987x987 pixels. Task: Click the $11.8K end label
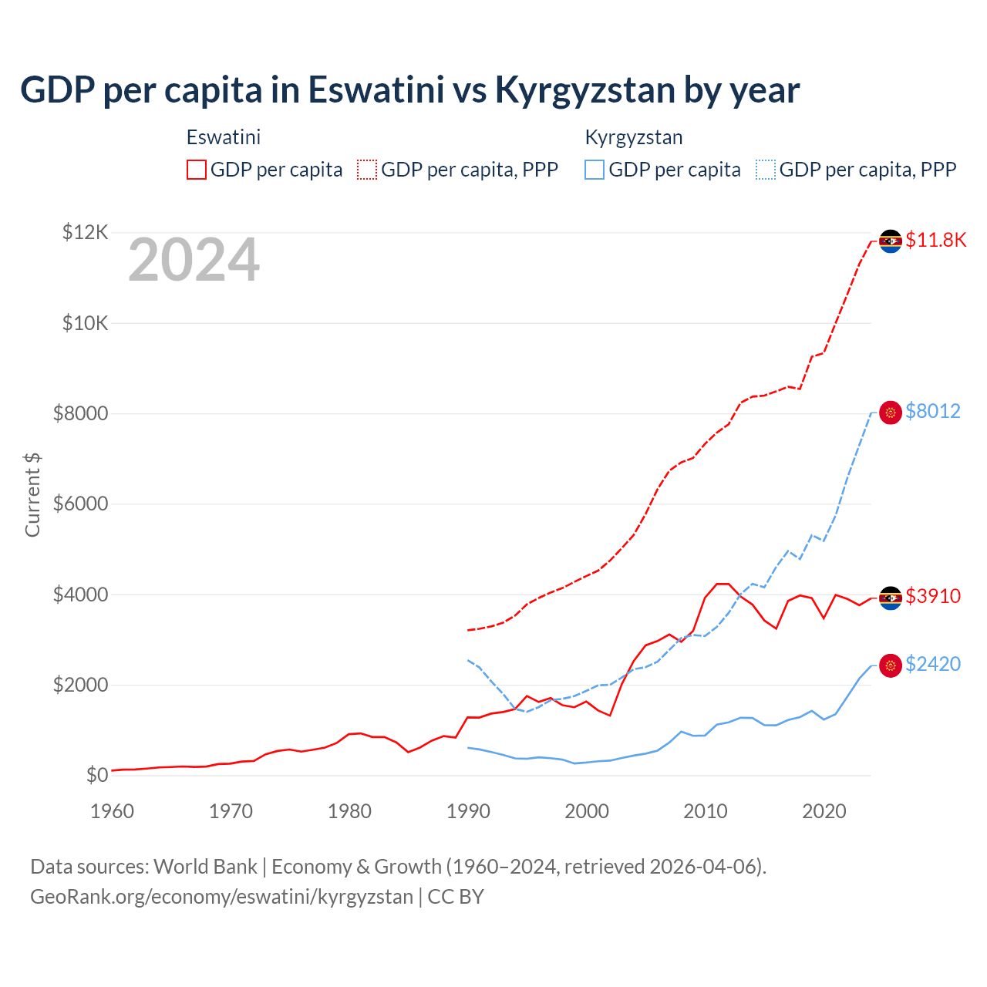[x=935, y=240]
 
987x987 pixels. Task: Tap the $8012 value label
[x=933, y=411]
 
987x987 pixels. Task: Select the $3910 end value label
[x=933, y=596]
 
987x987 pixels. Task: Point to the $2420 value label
[x=933, y=664]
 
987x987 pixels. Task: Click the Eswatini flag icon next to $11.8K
[x=891, y=241]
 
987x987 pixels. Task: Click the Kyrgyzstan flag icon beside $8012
[x=891, y=413]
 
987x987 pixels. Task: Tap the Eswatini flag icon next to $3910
[x=891, y=598]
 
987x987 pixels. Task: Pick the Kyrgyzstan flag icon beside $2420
[x=891, y=665]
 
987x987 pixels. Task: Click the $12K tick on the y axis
[x=86, y=232]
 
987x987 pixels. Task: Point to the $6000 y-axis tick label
[x=81, y=504]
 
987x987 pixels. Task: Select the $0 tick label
[x=96, y=775]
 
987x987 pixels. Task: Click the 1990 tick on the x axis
[x=468, y=811]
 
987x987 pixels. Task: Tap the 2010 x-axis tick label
[x=706, y=811]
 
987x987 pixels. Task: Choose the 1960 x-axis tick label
[x=113, y=811]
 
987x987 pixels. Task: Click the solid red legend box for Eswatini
[x=197, y=170]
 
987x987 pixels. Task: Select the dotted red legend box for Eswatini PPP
[x=367, y=170]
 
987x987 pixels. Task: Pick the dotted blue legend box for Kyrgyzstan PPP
[x=766, y=170]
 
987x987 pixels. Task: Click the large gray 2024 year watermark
[x=194, y=261]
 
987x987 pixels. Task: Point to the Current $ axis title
[x=32, y=494]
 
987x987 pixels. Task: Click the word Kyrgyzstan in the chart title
[x=584, y=89]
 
